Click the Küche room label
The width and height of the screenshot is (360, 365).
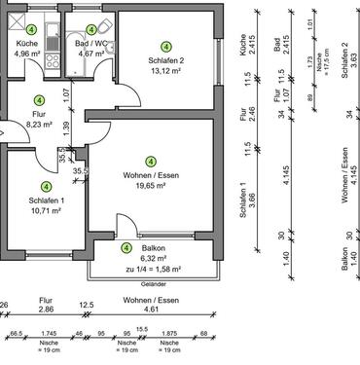click(x=26, y=45)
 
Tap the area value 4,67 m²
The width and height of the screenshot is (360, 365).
click(x=91, y=55)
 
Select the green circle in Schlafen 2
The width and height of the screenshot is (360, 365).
click(x=164, y=46)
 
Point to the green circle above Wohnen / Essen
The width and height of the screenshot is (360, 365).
click(x=151, y=162)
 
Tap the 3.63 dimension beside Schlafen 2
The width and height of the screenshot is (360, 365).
click(x=352, y=53)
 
